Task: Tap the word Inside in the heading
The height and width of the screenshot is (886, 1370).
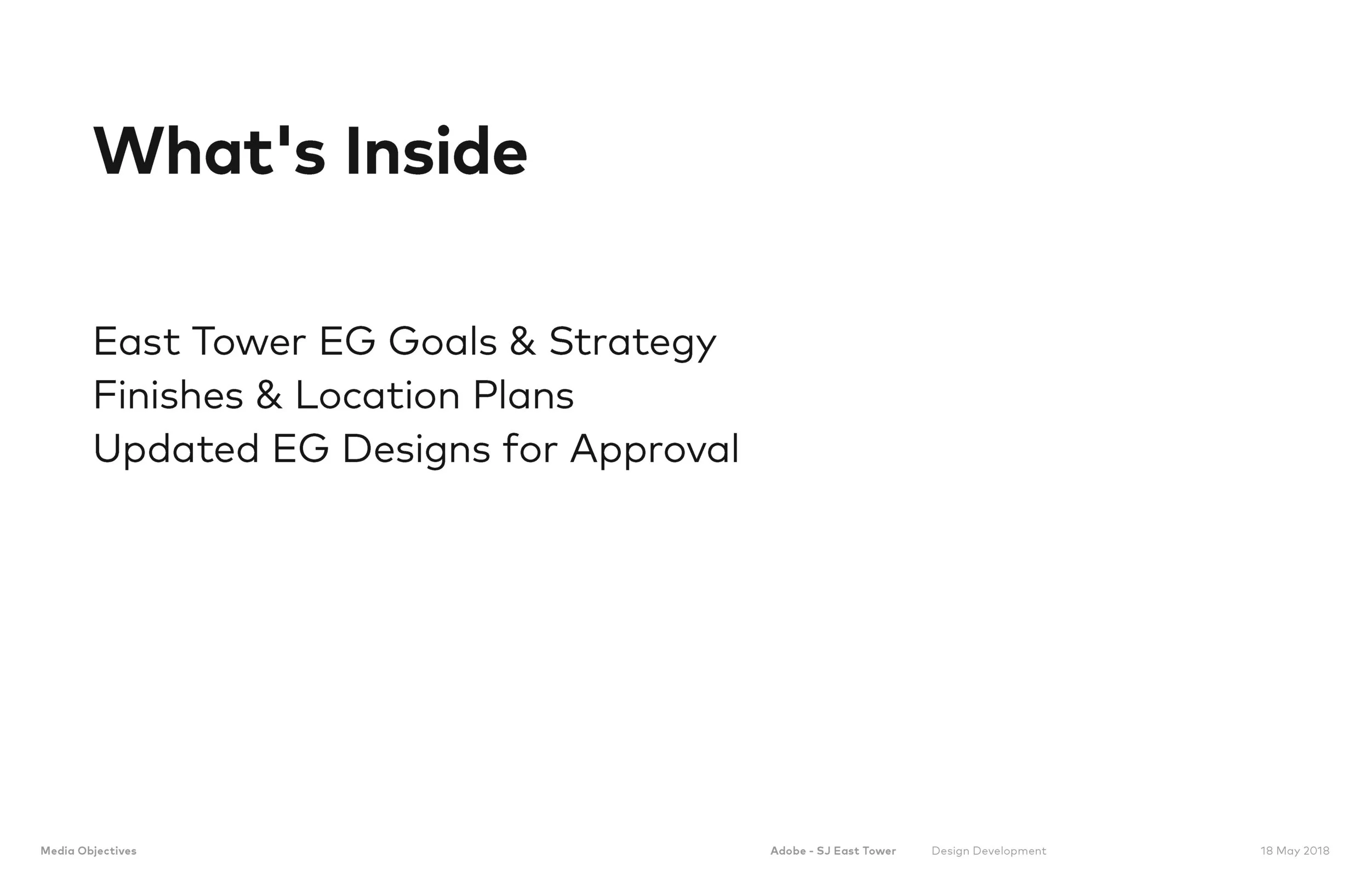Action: coord(436,152)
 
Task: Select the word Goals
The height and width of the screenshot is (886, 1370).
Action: coord(442,342)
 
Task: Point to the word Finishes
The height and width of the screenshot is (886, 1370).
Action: coord(168,396)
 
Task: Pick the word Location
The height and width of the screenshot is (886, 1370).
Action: coord(377,396)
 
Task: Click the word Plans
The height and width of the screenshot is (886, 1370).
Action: coord(523,396)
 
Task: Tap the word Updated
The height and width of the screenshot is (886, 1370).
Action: coord(175,450)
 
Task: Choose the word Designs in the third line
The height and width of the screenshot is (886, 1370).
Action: coord(415,450)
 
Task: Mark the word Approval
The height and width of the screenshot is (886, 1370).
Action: coord(654,450)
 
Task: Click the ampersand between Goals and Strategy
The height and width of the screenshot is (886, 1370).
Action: coord(522,342)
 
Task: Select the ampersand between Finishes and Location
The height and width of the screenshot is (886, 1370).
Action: coord(269,396)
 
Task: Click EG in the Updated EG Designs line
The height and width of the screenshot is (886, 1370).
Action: coord(300,449)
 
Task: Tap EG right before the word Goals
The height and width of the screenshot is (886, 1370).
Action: coord(347,342)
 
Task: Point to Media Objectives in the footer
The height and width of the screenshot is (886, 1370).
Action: coord(89,851)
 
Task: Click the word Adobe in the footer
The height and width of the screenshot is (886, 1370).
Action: coord(788,851)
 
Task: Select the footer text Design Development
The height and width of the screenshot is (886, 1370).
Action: coord(989,851)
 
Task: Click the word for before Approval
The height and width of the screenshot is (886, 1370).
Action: coord(529,449)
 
